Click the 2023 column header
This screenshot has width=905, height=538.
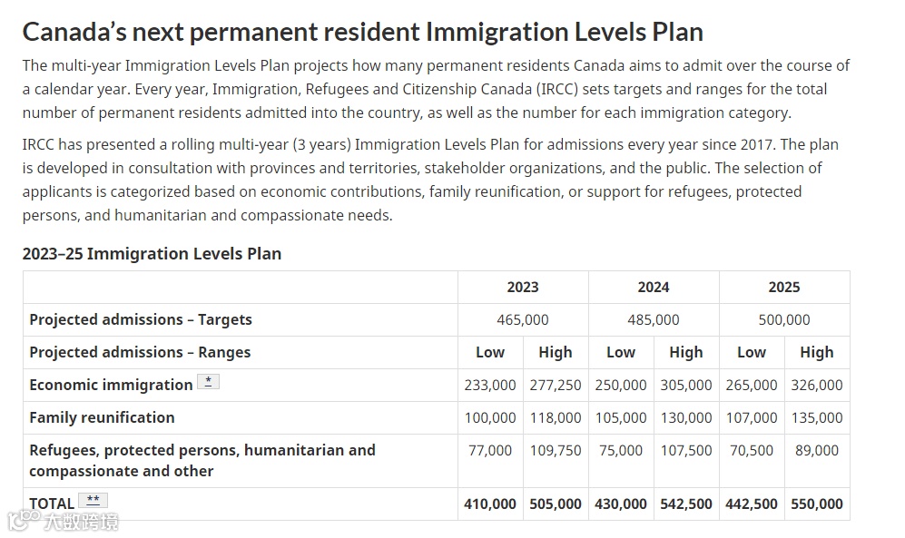tap(522, 287)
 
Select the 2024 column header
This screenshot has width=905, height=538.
tap(653, 287)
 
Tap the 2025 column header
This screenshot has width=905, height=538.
tap(783, 287)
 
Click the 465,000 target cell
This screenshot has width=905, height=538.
tap(522, 319)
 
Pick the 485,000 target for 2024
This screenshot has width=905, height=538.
tap(653, 319)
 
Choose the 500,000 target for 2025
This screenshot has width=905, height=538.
tap(783, 319)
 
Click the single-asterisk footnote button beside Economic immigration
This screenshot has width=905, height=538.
tap(209, 382)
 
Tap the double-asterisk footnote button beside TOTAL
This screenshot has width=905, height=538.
tap(93, 500)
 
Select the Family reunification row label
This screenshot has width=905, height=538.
tap(102, 417)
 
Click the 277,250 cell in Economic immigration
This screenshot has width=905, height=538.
tap(556, 385)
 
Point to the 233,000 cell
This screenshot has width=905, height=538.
tap(490, 385)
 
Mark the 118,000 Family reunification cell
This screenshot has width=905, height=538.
tap(556, 417)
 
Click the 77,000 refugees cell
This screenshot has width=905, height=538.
tap(490, 450)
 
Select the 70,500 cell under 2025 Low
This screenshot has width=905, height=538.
tap(752, 450)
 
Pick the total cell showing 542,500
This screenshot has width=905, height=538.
tap(686, 504)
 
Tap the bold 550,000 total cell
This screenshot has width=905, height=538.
tap(817, 504)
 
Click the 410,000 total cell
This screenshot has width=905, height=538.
tap(490, 504)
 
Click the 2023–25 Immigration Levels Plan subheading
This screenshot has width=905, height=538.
tap(152, 253)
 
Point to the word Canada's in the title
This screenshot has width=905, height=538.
tap(73, 32)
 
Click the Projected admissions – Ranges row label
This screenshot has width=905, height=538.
tap(140, 352)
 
